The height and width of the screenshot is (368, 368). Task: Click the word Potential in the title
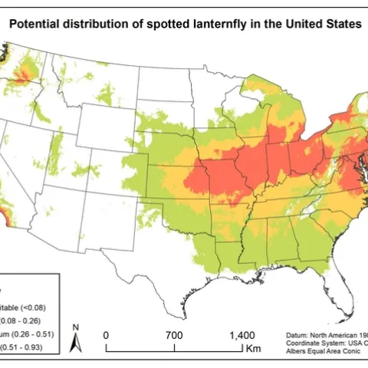pos(36,24)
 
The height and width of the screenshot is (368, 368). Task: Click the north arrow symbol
pos(76,338)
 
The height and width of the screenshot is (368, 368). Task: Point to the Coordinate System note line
pos(322,343)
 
